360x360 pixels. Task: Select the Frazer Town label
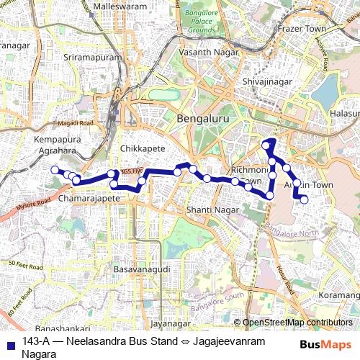pos(301,29)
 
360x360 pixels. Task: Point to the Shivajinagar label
pos(267,82)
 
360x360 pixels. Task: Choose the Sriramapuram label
pos(89,55)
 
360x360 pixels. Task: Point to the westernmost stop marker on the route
pos(53,169)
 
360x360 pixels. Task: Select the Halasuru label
pos(343,114)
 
